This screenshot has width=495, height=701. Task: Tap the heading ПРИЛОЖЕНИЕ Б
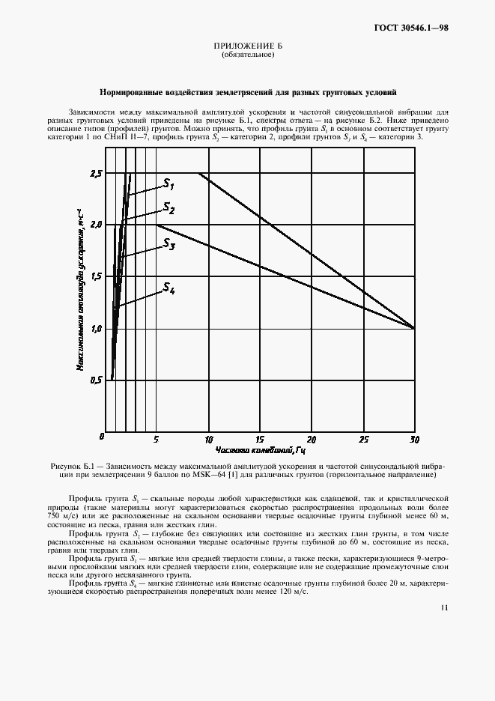point(247,47)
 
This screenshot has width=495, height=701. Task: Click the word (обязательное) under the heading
point(247,56)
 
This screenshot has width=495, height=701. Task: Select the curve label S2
point(169,208)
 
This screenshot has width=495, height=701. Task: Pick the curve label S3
point(169,245)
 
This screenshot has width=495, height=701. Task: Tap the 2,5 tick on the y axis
point(95,174)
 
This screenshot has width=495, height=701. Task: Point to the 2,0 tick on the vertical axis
point(95,225)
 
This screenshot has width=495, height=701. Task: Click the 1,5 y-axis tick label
point(95,276)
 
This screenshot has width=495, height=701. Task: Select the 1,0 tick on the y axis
point(95,328)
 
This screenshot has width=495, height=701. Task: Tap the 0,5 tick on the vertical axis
point(95,380)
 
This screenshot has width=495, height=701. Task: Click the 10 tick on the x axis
point(208,439)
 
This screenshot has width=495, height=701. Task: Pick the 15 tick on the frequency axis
point(260,439)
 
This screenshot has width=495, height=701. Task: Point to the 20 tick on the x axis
point(312,439)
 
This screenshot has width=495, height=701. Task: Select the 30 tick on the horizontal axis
point(414,439)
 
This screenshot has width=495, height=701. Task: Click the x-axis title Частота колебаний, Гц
point(260,451)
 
